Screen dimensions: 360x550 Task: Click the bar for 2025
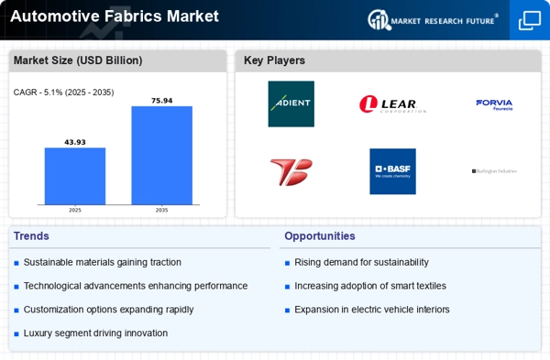75,176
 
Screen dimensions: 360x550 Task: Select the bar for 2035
161,155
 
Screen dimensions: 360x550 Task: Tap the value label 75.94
161,99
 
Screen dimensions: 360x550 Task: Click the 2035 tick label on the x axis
161,210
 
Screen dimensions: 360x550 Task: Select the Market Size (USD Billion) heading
64,61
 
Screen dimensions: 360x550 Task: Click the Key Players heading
274,61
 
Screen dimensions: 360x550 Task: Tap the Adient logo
291,104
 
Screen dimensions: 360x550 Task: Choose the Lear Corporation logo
392,104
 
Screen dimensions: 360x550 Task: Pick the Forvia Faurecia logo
494,104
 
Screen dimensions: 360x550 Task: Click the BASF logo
392,171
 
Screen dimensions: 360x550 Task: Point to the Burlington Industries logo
494,171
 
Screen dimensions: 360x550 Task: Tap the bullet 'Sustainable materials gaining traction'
102,262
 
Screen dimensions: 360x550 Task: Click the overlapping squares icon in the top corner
530,19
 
